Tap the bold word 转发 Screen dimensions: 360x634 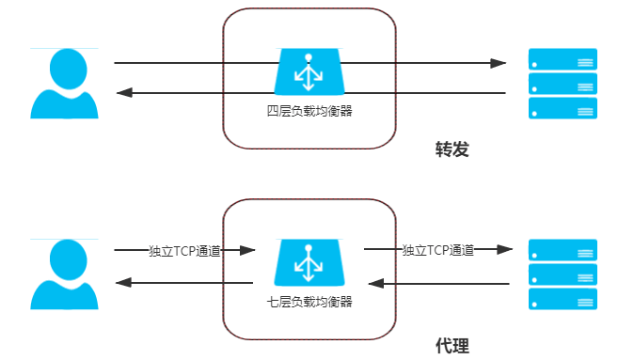(x=452, y=150)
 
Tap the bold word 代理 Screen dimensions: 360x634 (x=452, y=345)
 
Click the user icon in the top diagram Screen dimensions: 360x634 (x=64, y=83)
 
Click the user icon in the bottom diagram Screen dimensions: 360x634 (x=64, y=274)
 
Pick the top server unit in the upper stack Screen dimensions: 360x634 (x=563, y=59)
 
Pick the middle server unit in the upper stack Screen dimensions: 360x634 (x=563, y=84)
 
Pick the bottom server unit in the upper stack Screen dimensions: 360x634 (x=563, y=107)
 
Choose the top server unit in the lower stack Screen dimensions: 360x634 (x=563, y=251)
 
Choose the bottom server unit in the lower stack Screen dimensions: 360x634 (x=563, y=299)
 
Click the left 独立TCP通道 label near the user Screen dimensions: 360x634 (x=185, y=251)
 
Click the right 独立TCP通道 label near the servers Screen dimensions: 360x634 (x=437, y=250)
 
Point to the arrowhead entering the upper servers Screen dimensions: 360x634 (x=499, y=64)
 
